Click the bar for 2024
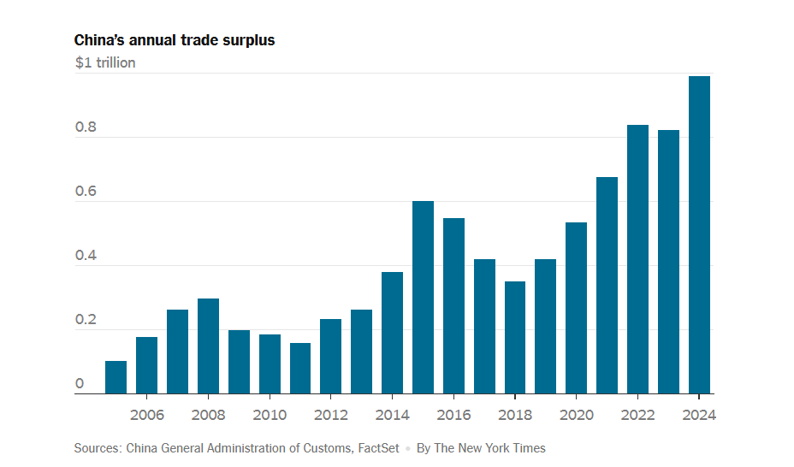coord(699,235)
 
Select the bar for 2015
coord(423,298)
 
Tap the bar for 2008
coord(208,346)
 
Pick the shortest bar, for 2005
coord(116,377)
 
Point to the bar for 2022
coord(637,259)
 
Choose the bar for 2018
coord(515,338)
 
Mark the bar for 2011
coord(300,369)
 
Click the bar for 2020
coord(576,308)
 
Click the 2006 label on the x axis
coord(146,415)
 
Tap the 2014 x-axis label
coord(392,415)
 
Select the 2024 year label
coord(699,415)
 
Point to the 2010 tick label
coord(270,415)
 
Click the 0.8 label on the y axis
coord(86,128)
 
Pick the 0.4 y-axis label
coord(86,257)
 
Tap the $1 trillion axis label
coord(105,62)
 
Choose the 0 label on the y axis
coord(80,384)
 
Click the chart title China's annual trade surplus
coord(175,40)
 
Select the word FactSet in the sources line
coord(376,448)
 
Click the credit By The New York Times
coord(481,448)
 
